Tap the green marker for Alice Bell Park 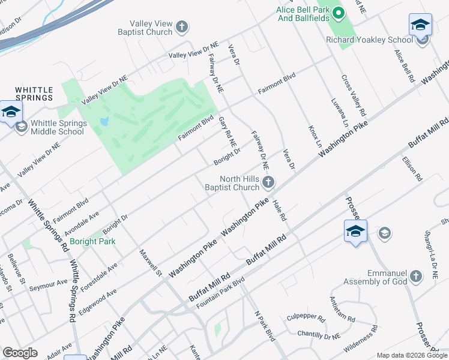(x=339, y=12)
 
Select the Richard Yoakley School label (x=369, y=40)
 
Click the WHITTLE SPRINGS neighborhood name (x=34, y=93)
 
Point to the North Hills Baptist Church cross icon (x=270, y=181)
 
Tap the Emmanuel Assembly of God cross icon (x=415, y=277)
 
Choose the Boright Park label (x=92, y=241)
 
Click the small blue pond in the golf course (x=104, y=121)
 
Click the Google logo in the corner (x=20, y=352)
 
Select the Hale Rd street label (x=279, y=211)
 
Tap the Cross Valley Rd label (x=354, y=95)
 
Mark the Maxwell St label (x=151, y=263)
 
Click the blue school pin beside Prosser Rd (x=355, y=232)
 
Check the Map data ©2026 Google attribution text (x=411, y=355)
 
